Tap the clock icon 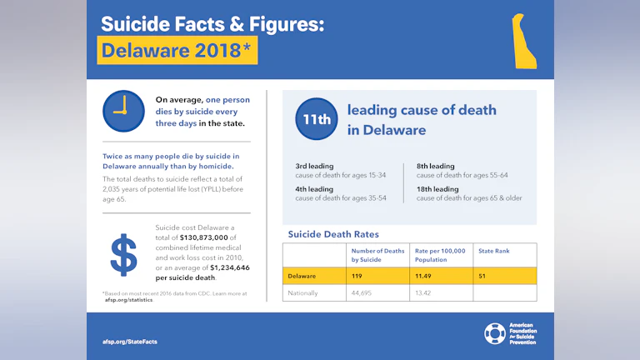123,112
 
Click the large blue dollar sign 124,255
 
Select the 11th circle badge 317,119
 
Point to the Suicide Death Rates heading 333,234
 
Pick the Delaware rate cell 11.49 425,276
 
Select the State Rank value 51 482,276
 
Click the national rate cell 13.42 426,292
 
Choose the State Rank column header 493,251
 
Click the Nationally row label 303,292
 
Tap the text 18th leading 437,189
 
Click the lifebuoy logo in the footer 494,334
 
